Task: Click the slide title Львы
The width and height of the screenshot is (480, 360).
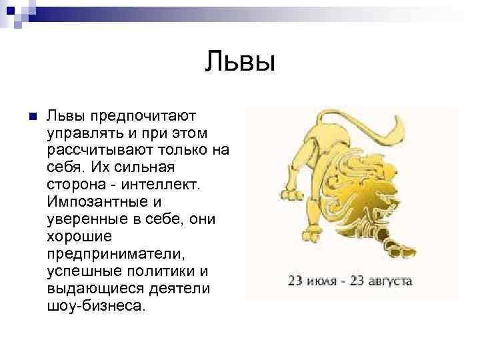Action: point(240,63)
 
